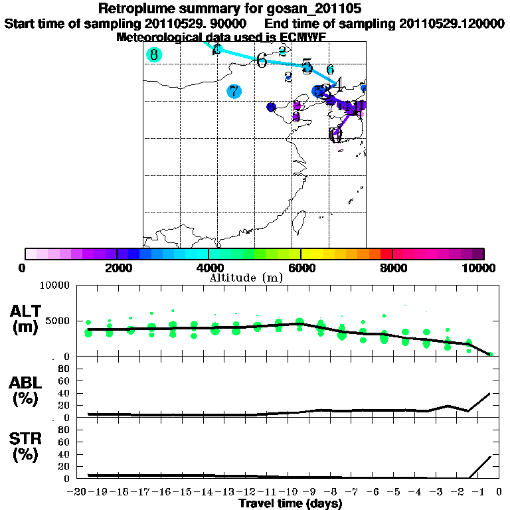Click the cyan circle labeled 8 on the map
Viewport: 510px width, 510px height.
154,54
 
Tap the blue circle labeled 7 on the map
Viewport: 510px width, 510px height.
234,92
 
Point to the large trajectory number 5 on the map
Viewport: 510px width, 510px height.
306,66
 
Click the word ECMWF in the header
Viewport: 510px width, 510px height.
303,37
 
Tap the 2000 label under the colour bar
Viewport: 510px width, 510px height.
117,268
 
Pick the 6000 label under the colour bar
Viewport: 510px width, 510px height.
301,268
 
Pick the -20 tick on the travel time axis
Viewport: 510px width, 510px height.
78,492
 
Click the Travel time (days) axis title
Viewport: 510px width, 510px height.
290,503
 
